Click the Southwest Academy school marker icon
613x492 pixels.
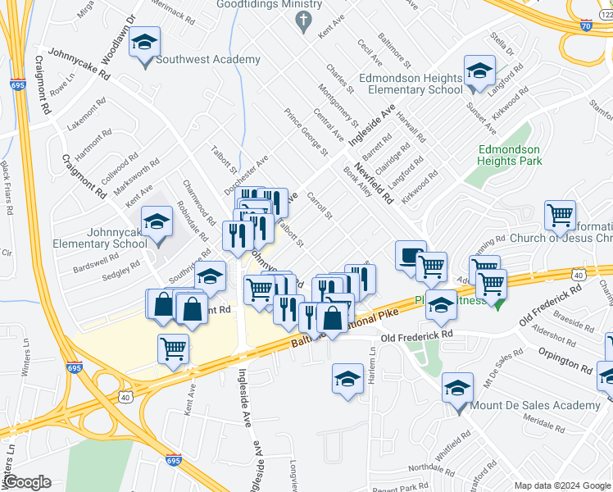tap(145, 43)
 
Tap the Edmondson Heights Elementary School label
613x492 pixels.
tap(415, 84)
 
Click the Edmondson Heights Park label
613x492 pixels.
tap(510, 155)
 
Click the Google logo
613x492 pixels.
tap(27, 482)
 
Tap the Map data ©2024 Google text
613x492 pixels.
tap(563, 485)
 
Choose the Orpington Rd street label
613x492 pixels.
tap(565, 360)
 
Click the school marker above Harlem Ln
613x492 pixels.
tap(347, 379)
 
